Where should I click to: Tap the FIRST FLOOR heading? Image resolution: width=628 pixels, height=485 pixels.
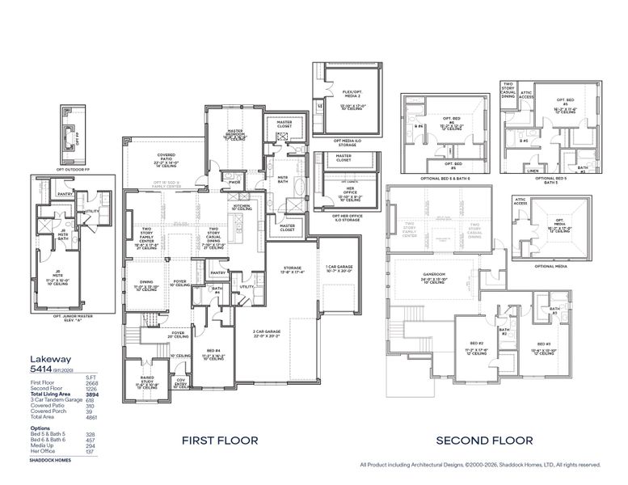tap(220, 441)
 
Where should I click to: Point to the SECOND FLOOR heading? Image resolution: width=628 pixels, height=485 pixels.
tap(484, 441)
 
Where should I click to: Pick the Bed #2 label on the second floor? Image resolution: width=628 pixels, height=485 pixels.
tap(474, 345)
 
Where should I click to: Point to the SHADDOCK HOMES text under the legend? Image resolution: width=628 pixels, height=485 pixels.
tap(49, 460)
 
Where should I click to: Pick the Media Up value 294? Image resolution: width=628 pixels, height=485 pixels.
tap(91, 445)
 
